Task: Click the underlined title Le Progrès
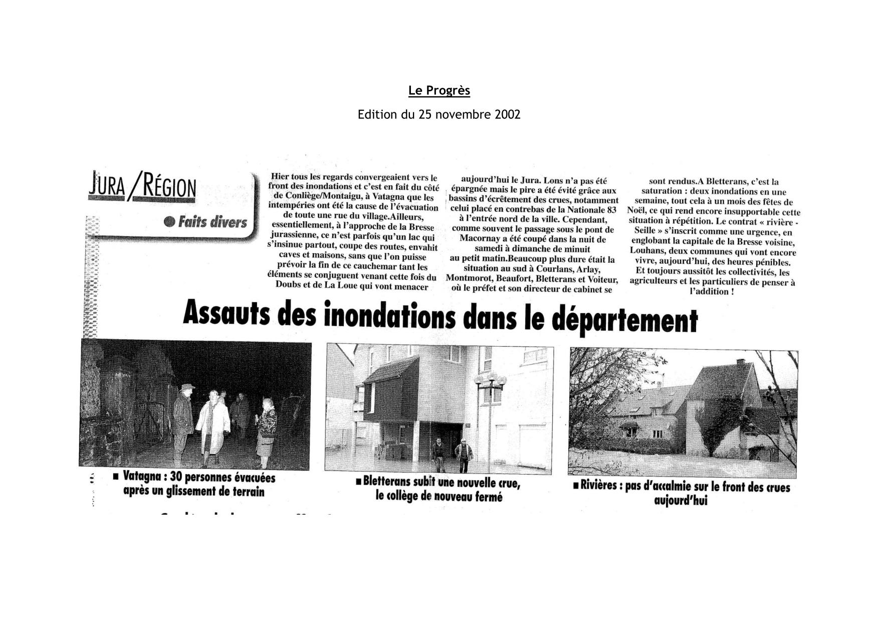439,90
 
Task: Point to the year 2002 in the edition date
508,115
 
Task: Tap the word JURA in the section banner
107,186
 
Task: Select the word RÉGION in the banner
169,188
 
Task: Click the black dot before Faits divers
169,221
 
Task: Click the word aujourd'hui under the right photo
681,500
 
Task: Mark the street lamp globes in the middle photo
490,379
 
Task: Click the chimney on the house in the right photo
740,362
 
